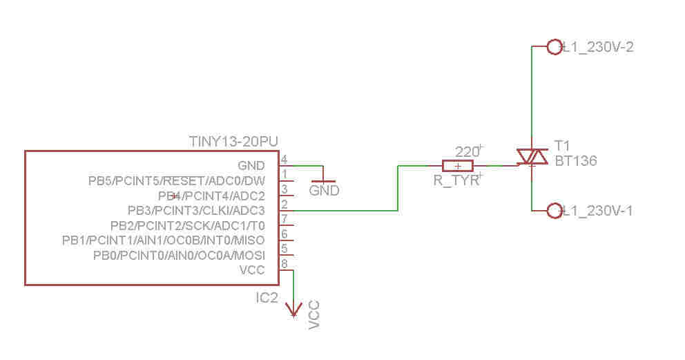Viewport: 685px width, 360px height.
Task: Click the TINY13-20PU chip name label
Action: (x=233, y=142)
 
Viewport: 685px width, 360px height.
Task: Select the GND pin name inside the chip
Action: (x=251, y=166)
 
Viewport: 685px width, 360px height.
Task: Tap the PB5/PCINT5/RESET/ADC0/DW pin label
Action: (x=177, y=181)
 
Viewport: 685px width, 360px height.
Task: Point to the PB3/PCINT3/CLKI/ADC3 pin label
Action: (x=196, y=211)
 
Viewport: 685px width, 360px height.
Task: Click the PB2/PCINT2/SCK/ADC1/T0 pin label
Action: (x=187, y=226)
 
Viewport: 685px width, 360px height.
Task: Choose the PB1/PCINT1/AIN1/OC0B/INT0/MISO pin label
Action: (x=164, y=240)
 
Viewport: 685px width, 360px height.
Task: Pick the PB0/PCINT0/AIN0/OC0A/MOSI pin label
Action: (x=179, y=255)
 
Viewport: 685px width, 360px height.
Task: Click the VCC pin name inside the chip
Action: (x=252, y=270)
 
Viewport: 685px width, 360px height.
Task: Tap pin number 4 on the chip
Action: (x=284, y=160)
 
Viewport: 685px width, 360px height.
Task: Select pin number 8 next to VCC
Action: (x=284, y=264)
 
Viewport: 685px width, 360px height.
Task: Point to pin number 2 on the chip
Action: (x=284, y=204)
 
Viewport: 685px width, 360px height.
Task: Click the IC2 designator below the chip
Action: (x=267, y=298)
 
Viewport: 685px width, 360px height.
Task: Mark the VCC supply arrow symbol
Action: (x=293, y=310)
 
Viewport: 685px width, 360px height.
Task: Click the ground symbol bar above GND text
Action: (x=323, y=181)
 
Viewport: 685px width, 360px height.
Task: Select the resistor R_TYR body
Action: (x=457, y=166)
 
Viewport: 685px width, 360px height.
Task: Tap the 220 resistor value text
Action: (x=467, y=152)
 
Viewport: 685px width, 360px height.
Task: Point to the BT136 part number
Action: (x=576, y=161)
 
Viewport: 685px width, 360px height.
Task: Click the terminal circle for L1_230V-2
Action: (x=554, y=47)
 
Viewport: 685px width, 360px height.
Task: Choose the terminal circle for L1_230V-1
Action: (x=554, y=211)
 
